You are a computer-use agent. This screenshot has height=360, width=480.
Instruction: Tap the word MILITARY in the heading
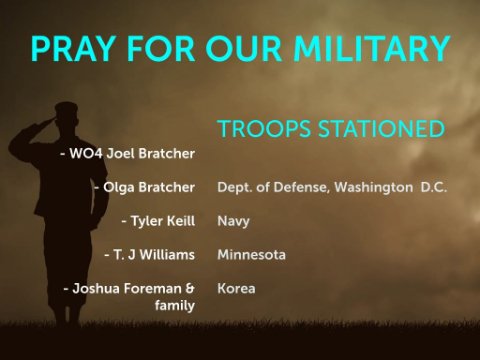point(372,49)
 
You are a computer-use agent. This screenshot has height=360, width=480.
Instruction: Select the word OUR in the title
point(244,49)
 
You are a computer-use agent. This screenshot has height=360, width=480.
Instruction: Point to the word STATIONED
point(382,129)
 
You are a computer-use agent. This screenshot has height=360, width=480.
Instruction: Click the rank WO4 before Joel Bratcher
point(86,154)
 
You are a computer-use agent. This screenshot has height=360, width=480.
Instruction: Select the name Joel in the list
point(120,154)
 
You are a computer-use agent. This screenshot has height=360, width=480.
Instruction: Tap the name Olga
point(119,188)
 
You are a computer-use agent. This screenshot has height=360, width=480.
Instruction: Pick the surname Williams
point(167,255)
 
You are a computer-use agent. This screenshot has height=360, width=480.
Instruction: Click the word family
point(175,306)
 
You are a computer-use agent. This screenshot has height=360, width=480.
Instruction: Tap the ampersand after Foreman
point(190,288)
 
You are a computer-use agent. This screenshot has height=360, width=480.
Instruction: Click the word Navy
point(233,222)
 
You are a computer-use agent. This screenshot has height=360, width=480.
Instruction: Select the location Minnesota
point(252,255)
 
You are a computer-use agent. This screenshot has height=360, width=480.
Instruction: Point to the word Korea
point(236,289)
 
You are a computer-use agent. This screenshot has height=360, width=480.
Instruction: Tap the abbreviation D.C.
point(434,188)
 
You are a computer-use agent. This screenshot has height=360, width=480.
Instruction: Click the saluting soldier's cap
point(66,110)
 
